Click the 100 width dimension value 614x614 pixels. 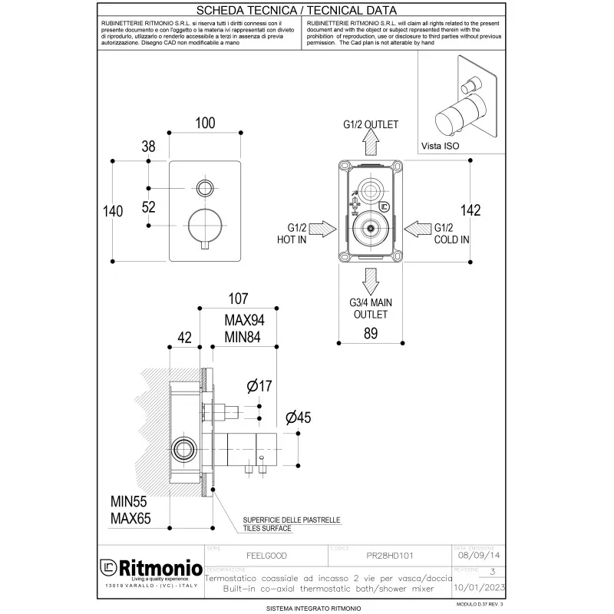(205, 123)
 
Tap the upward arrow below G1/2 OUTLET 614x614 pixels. (370, 143)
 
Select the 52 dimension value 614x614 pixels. (149, 206)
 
